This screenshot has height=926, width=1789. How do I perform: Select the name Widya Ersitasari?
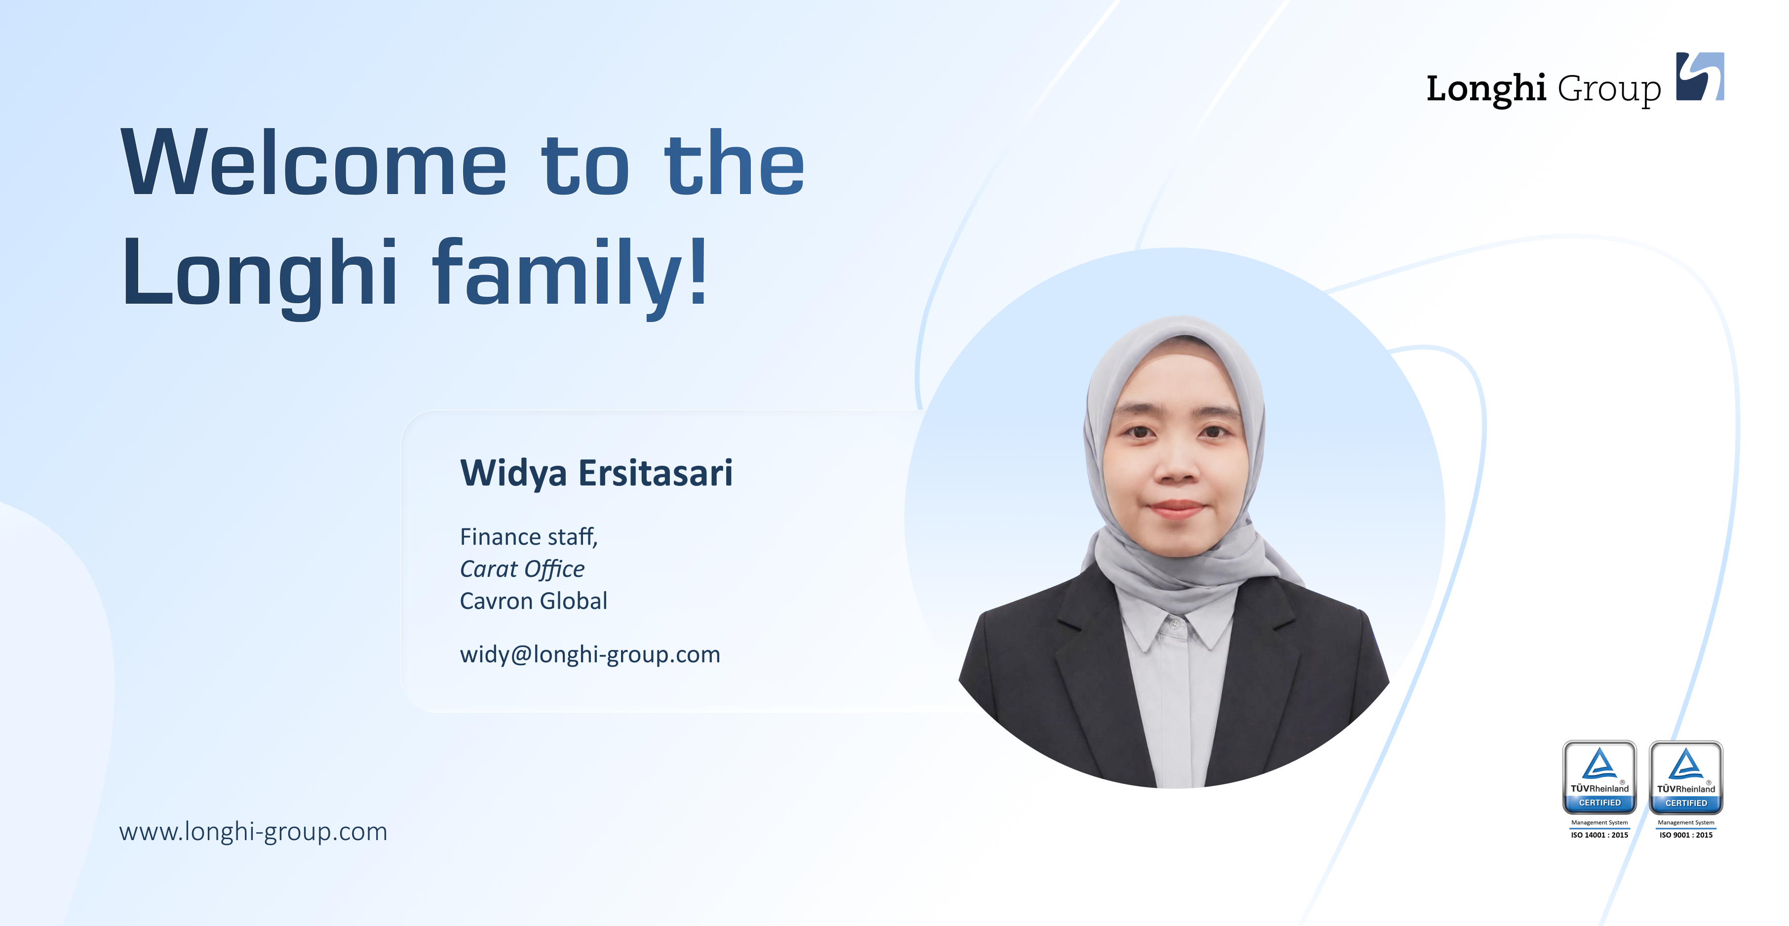click(596, 474)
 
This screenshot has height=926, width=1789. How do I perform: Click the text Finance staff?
click(529, 537)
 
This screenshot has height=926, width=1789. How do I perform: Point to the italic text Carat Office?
click(522, 569)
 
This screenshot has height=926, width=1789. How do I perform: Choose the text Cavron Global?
click(533, 601)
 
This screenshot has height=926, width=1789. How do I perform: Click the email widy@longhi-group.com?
click(589, 654)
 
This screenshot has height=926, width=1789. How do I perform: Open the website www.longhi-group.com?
click(253, 832)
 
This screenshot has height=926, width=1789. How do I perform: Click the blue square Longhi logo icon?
click(1700, 77)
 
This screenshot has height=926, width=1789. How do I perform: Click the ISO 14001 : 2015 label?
click(1599, 835)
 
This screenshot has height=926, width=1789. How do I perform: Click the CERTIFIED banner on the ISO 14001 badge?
click(1599, 803)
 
